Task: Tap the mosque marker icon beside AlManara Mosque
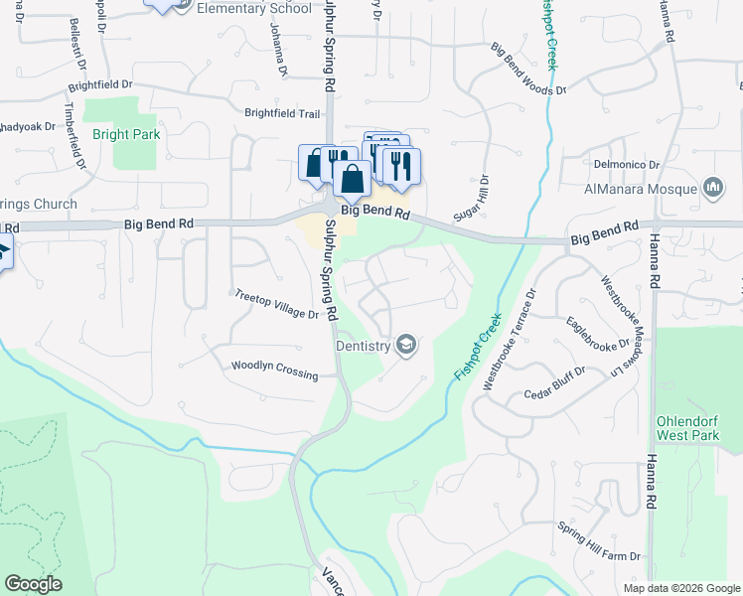point(712,187)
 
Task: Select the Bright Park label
point(126,134)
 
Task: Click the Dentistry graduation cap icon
point(405,345)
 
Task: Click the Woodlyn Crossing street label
point(274,370)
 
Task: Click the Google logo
point(33,584)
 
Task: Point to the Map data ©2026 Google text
point(681,588)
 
